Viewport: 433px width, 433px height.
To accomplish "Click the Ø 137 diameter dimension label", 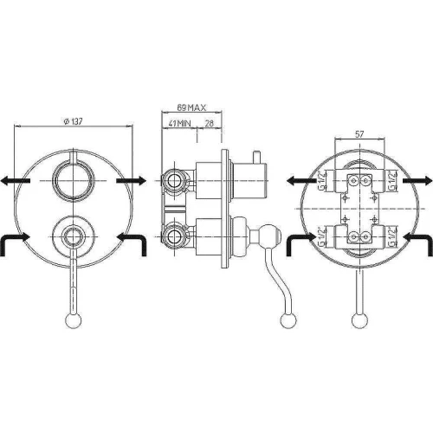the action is (73, 121).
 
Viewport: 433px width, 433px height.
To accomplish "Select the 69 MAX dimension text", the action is (191, 107).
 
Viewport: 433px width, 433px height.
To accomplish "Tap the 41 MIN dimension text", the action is (179, 124).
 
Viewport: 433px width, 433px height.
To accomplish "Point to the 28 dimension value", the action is (209, 124).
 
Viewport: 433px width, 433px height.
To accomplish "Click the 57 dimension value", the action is (359, 134).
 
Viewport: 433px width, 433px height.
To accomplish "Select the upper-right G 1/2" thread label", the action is (392, 181).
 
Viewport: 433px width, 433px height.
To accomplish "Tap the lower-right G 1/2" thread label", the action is (392, 236).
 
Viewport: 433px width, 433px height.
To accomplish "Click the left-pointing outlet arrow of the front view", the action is (15, 181).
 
